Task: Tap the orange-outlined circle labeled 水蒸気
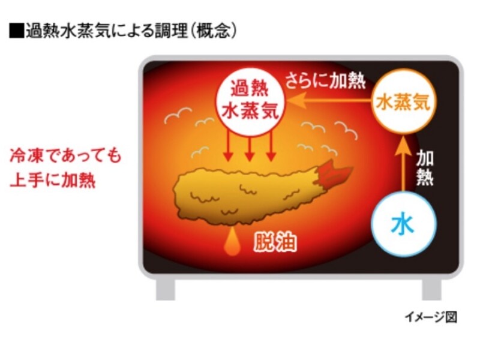point(403,102)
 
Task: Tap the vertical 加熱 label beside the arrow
point(425,167)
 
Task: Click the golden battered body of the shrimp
point(240,192)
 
